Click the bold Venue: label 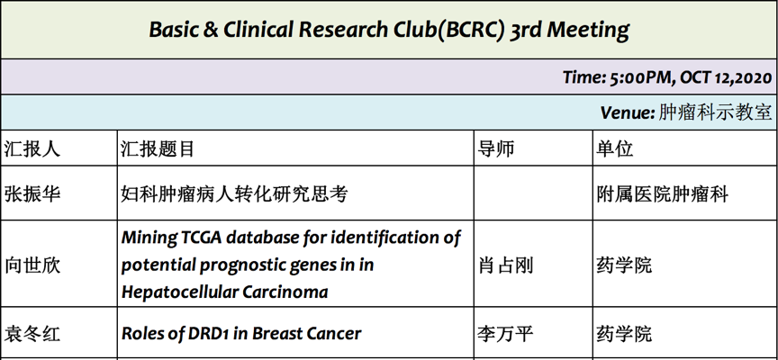pos(628,113)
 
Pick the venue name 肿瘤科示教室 pos(716,113)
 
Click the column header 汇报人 pos(32,148)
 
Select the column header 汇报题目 pos(158,148)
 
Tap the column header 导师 pos(495,148)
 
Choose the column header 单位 pos(615,148)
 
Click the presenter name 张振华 pos(32,193)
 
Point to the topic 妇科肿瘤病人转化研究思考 pos(234,193)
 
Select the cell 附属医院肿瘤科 pos(663,193)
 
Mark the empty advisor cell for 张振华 pos(533,193)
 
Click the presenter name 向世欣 pos(32,265)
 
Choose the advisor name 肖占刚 pos(505,265)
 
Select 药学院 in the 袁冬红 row pos(624,333)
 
